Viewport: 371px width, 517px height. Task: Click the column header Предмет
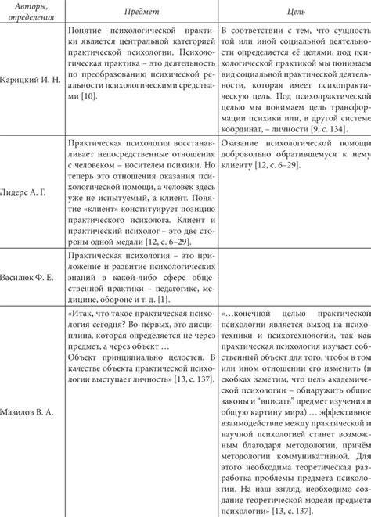tap(137, 13)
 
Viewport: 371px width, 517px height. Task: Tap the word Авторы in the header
tap(30, 7)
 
